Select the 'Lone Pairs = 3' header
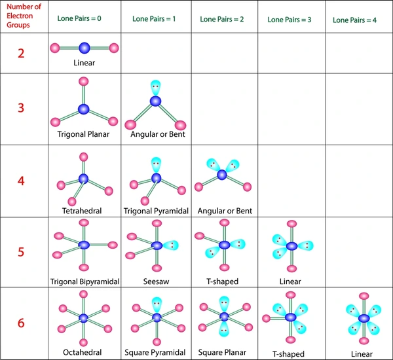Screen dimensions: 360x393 click(289, 20)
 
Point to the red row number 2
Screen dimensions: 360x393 click(21, 53)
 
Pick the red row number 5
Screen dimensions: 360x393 click(21, 251)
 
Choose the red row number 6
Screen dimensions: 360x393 click(21, 322)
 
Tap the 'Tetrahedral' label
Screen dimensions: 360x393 click(83, 211)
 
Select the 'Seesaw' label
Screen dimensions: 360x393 click(156, 281)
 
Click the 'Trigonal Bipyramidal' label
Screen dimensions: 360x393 click(84, 281)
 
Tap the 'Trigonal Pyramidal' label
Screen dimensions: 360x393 click(156, 211)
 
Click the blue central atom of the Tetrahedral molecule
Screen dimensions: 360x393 click(83, 179)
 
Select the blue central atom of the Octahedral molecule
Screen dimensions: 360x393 click(83, 318)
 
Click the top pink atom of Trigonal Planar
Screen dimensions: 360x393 click(83, 81)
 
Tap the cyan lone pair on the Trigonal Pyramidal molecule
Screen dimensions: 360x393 click(156, 164)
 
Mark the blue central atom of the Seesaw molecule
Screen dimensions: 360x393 click(157, 245)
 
